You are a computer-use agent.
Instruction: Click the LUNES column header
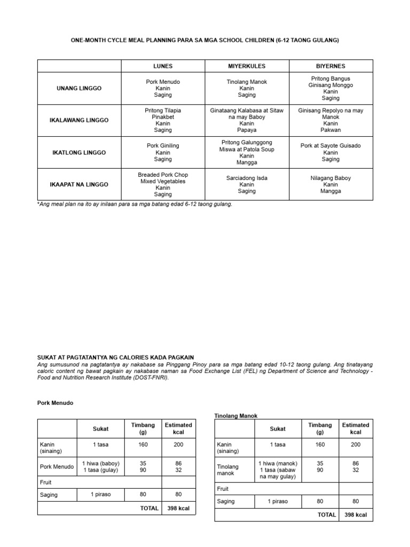163,66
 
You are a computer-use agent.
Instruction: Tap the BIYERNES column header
330,66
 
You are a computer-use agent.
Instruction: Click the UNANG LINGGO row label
79,88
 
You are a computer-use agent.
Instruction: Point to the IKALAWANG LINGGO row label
79,120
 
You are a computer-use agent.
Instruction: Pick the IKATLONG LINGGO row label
79,152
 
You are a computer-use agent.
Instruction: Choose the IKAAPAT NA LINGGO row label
79,184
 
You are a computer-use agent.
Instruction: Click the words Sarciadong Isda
247,178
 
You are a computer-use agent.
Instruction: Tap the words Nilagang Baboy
330,178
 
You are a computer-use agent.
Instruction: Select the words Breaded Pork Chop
163,175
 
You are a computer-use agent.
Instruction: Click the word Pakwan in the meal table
330,130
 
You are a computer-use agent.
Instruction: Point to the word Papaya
247,130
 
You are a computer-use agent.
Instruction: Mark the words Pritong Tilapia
163,111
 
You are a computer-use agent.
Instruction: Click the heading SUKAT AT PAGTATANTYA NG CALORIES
115,357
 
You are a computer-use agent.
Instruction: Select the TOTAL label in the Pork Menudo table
149,508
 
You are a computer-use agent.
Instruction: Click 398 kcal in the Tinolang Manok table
356,514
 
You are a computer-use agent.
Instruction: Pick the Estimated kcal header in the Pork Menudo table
178,428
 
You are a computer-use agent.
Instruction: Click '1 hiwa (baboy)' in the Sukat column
101,463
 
